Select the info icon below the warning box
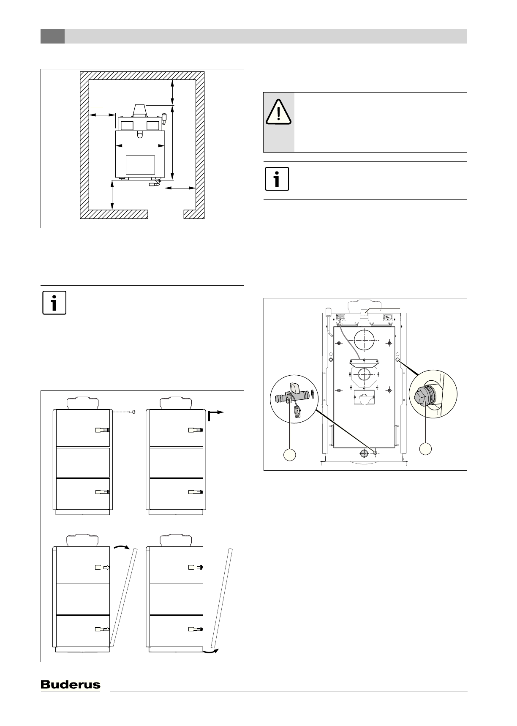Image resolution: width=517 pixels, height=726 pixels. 277,179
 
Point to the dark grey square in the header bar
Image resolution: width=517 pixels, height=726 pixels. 52,36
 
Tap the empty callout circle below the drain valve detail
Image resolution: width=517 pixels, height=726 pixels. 289,455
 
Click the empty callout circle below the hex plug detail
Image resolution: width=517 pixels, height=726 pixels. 425,448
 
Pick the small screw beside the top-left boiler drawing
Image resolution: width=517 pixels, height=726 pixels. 133,412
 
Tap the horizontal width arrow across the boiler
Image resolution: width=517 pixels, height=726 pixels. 140,146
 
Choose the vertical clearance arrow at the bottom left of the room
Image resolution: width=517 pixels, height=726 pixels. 112,195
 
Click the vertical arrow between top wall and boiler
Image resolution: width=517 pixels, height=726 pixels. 172,92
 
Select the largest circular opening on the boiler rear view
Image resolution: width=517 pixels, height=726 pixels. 365,341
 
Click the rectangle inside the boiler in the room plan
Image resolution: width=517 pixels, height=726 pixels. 140,165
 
